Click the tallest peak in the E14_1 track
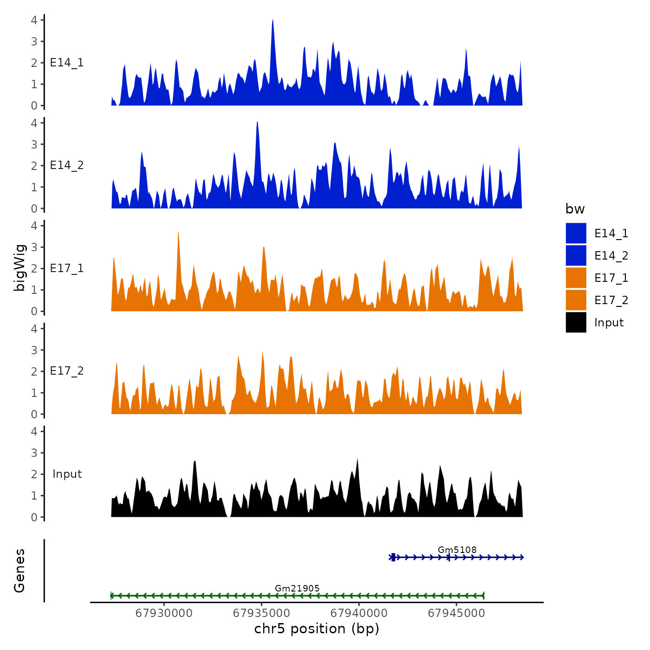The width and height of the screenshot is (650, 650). pyautogui.click(x=273, y=21)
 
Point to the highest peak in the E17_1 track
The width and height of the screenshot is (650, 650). pyautogui.click(x=178, y=234)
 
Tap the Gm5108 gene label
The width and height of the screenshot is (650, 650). pyautogui.click(x=457, y=550)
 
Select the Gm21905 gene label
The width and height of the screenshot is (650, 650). pyautogui.click(x=297, y=589)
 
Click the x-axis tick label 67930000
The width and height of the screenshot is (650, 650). pyautogui.click(x=164, y=613)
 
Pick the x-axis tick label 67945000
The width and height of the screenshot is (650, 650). pyautogui.click(x=456, y=613)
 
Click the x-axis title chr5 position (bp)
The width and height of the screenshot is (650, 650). pyautogui.click(x=317, y=629)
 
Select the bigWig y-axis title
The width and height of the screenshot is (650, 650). pyautogui.click(x=19, y=268)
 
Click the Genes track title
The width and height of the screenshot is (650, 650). pyautogui.click(x=19, y=571)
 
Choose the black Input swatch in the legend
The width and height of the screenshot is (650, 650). pyautogui.click(x=576, y=323)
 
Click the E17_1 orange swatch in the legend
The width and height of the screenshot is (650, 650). pyautogui.click(x=576, y=278)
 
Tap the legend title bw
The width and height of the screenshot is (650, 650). pyautogui.click(x=575, y=209)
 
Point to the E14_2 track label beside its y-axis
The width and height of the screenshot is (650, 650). pyautogui.click(x=67, y=166)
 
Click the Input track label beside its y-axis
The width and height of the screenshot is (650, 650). pyautogui.click(x=67, y=474)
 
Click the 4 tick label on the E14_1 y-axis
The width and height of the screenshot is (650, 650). pyautogui.click(x=34, y=20)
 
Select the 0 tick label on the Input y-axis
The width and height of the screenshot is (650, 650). pyautogui.click(x=34, y=517)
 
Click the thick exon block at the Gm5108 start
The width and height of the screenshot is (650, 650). pyautogui.click(x=393, y=557)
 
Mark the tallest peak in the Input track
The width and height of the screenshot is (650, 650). pyautogui.click(x=357, y=460)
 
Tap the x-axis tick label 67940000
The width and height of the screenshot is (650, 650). pyautogui.click(x=359, y=613)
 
